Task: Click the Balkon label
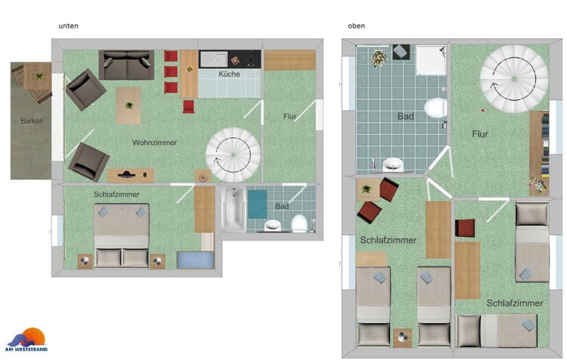pyautogui.click(x=32, y=121)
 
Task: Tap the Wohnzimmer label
pyautogui.click(x=155, y=142)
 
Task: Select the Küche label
pyautogui.click(x=229, y=74)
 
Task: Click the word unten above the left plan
pyautogui.click(x=69, y=26)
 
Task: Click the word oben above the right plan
pyautogui.click(x=356, y=26)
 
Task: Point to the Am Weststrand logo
pyautogui.click(x=27, y=339)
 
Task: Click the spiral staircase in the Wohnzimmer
pyautogui.click(x=232, y=154)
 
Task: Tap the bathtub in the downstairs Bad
pyautogui.click(x=233, y=208)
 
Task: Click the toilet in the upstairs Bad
pyautogui.click(x=435, y=108)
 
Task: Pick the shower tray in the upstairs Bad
pyautogui.click(x=431, y=60)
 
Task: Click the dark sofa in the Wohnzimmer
pyautogui.click(x=126, y=64)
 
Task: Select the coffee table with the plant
pyautogui.click(x=128, y=105)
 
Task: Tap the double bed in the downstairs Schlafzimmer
pyautogui.click(x=122, y=235)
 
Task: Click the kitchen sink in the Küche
pyautogui.click(x=213, y=59)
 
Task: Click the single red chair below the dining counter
pyautogui.click(x=188, y=106)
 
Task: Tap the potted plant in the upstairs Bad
pyautogui.click(x=378, y=57)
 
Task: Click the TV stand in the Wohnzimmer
pyautogui.click(x=131, y=175)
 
